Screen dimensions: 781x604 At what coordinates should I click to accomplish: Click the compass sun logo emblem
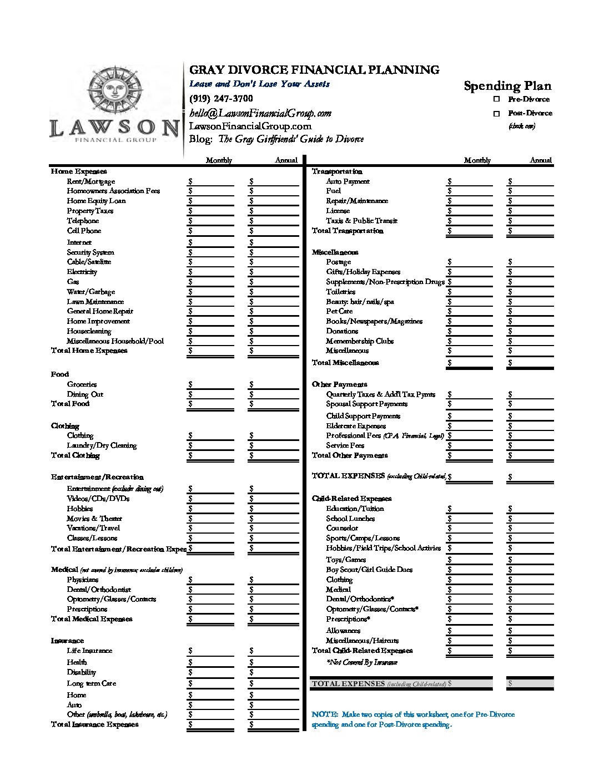pos(113,89)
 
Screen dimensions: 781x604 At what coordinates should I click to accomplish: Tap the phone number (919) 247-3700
pos(221,99)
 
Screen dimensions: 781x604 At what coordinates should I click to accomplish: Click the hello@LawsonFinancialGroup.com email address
pos(260,113)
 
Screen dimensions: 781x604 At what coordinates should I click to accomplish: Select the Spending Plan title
pos(507,85)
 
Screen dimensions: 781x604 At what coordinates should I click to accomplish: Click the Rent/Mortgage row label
pos(91,181)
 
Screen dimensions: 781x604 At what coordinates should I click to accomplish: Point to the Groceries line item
pos(82,384)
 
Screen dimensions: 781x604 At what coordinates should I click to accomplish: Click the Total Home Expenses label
pos(89,351)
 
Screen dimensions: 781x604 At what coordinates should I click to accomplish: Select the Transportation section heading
pos(337,171)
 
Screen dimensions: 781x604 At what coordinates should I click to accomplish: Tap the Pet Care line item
pos(339,311)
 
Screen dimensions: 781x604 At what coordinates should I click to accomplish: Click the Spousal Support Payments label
pos(366,404)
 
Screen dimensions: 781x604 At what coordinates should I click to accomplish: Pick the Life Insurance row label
pos(89,651)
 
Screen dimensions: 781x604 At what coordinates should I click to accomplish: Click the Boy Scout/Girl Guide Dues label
pos(369,570)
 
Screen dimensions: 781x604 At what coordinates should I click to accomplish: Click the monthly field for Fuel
pos(471,191)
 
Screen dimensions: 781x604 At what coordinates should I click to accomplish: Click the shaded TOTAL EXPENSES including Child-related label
pos(379,684)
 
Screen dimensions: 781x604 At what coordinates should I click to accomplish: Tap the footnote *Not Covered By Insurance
pos(361,662)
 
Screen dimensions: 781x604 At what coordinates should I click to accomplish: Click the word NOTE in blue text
pos(321,714)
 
